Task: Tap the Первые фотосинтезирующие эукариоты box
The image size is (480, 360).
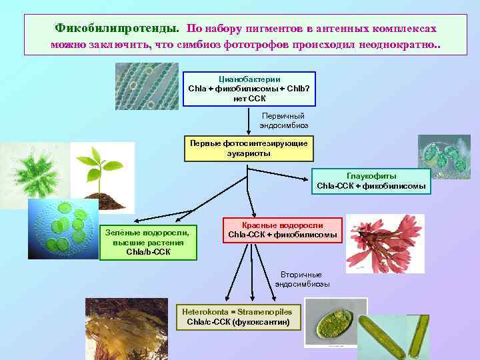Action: (x=249, y=148)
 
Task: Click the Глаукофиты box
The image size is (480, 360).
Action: (x=371, y=181)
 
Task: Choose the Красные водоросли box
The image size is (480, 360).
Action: (x=283, y=230)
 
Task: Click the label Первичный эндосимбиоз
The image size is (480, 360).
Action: (x=284, y=120)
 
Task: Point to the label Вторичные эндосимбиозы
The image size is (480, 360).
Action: (x=302, y=279)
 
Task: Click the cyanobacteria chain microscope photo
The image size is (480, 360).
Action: (x=147, y=86)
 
